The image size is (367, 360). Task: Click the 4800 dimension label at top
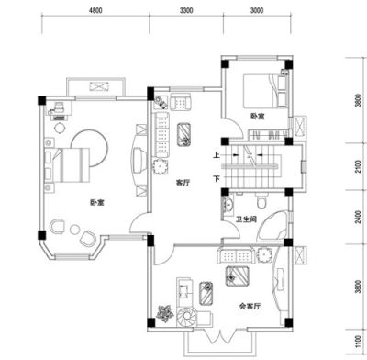point(95,10)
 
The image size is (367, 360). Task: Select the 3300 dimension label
point(186,10)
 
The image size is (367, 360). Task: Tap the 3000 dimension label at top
point(257,10)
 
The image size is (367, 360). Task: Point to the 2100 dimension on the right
point(358,167)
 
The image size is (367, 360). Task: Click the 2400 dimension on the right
point(358,217)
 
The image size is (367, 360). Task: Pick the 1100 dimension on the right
point(358,342)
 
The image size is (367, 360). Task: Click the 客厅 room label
point(183,183)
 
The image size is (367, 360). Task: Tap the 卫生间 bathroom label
point(246,219)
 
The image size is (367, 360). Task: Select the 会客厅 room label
point(250,306)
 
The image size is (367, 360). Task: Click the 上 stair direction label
point(217,155)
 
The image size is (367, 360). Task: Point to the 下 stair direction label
point(217,178)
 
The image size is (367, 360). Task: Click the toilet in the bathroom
point(261,200)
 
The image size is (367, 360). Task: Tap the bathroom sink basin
point(228,205)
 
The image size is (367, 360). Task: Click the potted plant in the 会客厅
point(165,313)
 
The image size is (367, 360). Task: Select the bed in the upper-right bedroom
point(265,91)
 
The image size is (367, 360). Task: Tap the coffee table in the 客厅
point(183,134)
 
